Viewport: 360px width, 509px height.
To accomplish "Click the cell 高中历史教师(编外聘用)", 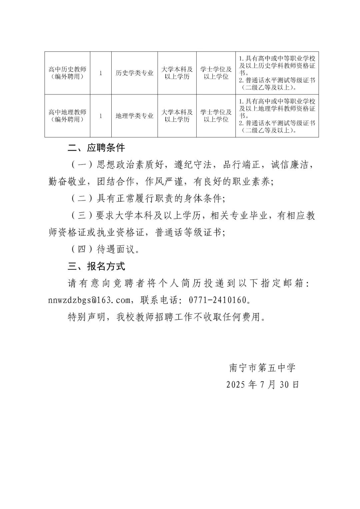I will coord(67,73).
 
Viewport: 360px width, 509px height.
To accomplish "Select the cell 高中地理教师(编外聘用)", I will coord(67,116).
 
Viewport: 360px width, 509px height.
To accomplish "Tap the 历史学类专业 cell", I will coord(134,73).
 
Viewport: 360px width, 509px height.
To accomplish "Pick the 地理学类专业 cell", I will coord(134,116).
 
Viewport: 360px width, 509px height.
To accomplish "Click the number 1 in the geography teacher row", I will coord(101,116).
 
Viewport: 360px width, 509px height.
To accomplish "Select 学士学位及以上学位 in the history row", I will coord(216,73).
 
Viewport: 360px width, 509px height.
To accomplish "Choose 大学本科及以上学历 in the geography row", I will coord(177,116).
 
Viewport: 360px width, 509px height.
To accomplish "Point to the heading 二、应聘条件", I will coord(96,148).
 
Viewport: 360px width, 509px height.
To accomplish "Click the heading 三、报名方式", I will coord(96,266).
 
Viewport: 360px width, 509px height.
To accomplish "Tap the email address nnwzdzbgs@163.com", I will coord(89,300).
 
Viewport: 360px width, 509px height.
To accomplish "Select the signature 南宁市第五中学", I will coord(262,368).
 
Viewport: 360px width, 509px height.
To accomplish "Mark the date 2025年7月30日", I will coord(263,385).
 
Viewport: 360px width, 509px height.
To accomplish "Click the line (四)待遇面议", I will coord(104,249).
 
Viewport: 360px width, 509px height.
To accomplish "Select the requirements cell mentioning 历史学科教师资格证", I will coord(277,73).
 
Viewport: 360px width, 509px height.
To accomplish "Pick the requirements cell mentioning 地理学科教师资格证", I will coord(277,116).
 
